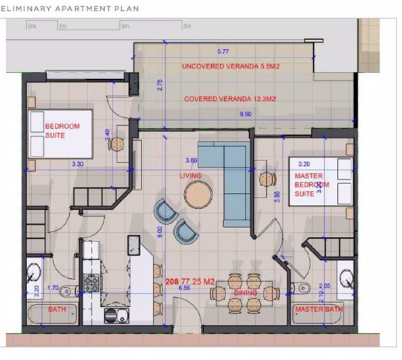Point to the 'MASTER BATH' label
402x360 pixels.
click(319, 310)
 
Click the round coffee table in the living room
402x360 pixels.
click(198, 195)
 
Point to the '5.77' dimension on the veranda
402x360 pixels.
click(222, 51)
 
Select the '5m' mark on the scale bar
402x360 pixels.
click(187, 26)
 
